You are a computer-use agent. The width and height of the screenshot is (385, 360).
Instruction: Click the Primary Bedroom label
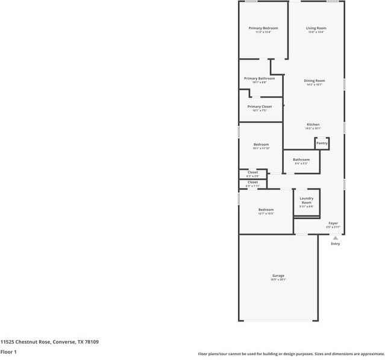click(x=263, y=28)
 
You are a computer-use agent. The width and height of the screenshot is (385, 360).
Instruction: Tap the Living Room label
click(x=316, y=28)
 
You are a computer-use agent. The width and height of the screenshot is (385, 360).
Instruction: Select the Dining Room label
click(x=314, y=81)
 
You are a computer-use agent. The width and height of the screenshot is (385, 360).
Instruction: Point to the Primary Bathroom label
click(x=259, y=78)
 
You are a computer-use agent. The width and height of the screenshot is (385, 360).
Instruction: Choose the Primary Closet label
click(x=259, y=107)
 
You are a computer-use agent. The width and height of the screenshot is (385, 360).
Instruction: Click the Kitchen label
click(x=313, y=125)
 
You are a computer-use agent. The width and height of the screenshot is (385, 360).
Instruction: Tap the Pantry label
click(x=322, y=143)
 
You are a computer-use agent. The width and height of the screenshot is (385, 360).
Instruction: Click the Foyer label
click(x=333, y=223)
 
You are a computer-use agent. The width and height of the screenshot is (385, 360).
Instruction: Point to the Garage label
click(x=278, y=276)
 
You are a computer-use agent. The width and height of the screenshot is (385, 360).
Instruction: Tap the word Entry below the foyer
click(x=336, y=244)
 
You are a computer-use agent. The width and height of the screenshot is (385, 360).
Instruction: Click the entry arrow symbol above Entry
click(x=336, y=238)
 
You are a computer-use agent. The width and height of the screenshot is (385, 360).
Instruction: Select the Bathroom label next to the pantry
click(x=301, y=160)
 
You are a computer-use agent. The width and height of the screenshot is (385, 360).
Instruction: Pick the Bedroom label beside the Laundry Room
click(x=266, y=209)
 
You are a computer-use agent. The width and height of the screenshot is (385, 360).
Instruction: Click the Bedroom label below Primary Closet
click(x=261, y=144)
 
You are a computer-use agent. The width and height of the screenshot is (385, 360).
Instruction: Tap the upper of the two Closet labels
click(x=252, y=172)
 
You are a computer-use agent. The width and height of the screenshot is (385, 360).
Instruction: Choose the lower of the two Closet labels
click(x=252, y=182)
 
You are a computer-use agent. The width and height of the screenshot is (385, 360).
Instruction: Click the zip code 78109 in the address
click(x=92, y=341)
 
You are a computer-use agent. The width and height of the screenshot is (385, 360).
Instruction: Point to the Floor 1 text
click(x=8, y=352)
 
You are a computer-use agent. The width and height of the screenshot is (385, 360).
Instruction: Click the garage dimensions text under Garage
click(x=278, y=280)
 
